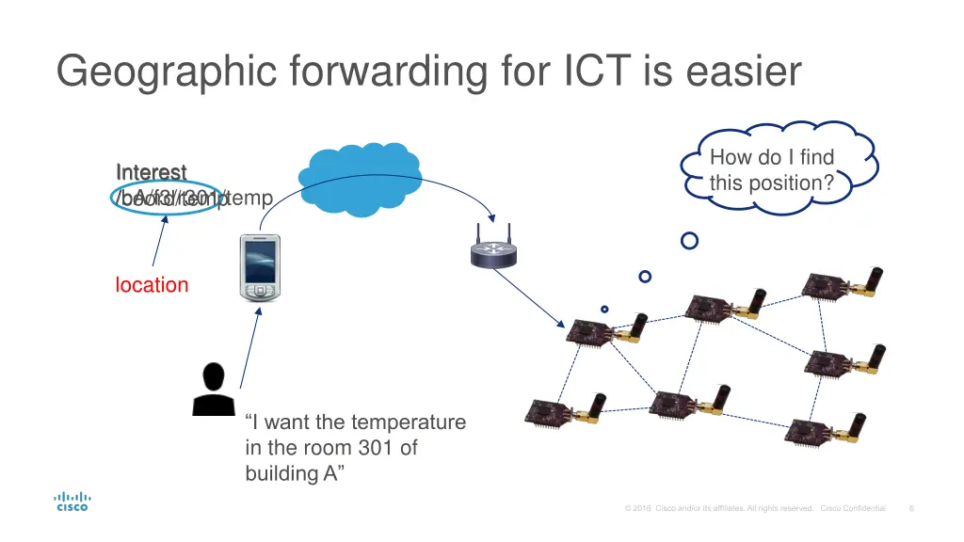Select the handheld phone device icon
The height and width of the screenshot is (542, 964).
259,268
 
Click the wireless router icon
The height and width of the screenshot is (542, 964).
494,247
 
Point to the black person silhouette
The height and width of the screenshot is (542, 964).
213,389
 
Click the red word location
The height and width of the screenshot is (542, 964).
152,285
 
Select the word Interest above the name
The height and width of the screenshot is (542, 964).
151,172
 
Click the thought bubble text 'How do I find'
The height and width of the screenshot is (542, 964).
772,158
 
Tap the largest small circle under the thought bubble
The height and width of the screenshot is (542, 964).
690,241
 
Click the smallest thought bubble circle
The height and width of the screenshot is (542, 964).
604,309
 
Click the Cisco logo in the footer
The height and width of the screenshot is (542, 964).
72,502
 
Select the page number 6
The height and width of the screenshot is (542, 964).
911,509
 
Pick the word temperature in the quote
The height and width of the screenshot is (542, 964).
410,422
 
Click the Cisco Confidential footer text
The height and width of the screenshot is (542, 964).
853,509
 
